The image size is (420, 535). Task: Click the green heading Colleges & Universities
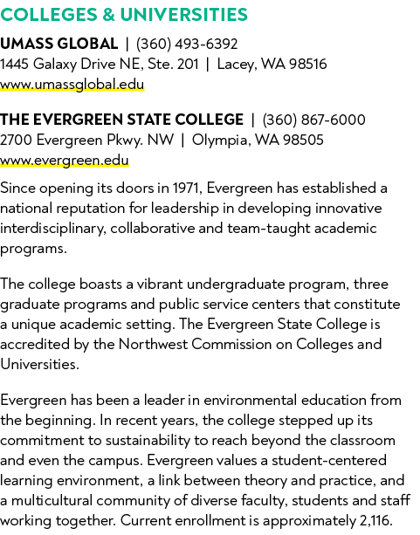(x=124, y=15)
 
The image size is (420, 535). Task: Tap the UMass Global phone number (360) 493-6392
(x=187, y=44)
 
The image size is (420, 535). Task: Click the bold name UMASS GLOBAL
(x=59, y=44)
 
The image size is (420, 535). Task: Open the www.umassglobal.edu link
(x=72, y=85)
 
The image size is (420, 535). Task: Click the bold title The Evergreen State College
(x=121, y=120)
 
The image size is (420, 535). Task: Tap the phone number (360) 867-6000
(x=313, y=120)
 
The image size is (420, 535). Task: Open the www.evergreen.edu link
(x=65, y=161)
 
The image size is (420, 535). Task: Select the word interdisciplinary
(x=53, y=229)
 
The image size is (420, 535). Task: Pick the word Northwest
(x=153, y=344)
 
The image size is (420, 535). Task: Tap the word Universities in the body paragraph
(x=39, y=365)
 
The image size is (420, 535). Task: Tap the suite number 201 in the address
(x=188, y=64)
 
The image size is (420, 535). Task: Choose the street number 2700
(x=16, y=140)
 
